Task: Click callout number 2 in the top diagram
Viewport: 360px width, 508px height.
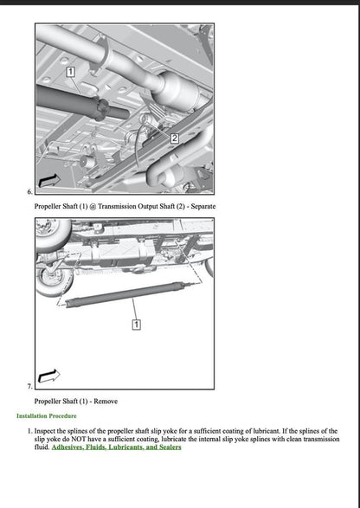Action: click(174, 138)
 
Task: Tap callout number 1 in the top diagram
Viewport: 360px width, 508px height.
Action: click(71, 69)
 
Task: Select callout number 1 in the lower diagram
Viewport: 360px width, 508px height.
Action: click(136, 324)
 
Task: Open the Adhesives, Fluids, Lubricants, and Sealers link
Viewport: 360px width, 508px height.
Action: click(116, 447)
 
